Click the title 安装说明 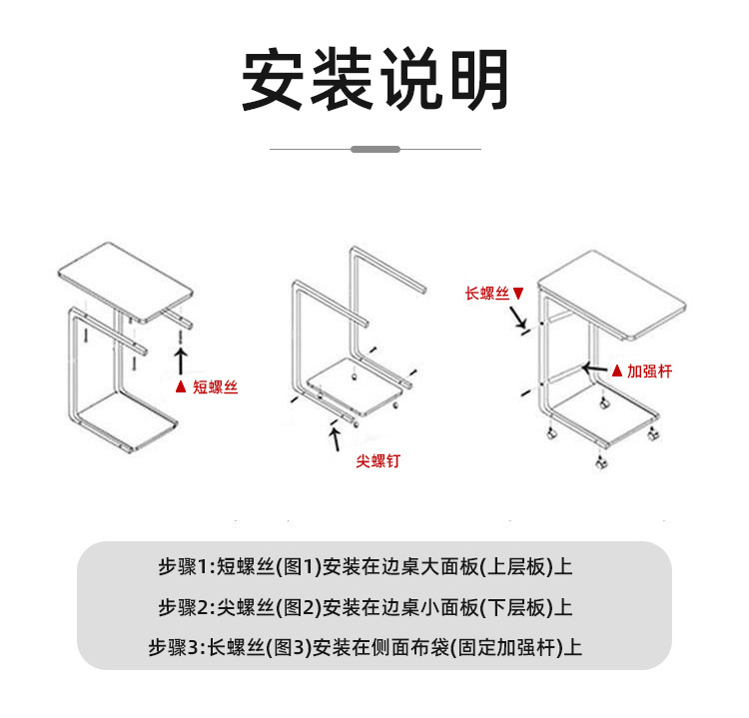[374, 80]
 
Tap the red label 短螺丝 [215, 386]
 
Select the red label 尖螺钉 [377, 462]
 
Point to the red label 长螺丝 [487, 294]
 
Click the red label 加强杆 [649, 371]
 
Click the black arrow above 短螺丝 [181, 359]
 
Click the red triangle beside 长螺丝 [517, 294]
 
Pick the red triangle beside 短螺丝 [181, 386]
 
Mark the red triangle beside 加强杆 [616, 371]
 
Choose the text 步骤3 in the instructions [174, 647]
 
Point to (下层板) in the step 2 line [513, 607]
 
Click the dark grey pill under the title [375, 149]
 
